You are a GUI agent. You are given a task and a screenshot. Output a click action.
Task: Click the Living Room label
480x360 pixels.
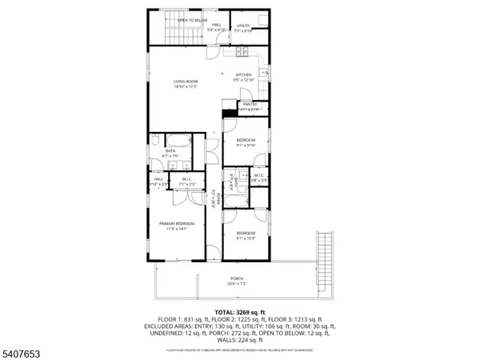(186, 82)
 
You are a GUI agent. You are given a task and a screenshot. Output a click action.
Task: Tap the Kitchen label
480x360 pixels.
(243, 75)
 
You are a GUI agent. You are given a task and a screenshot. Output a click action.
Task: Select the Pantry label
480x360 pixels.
(250, 105)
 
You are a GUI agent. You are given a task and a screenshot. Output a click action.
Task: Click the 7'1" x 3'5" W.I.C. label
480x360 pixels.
(186, 180)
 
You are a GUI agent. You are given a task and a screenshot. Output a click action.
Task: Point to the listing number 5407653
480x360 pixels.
(25, 350)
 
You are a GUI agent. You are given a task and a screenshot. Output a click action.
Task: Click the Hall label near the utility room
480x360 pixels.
(217, 26)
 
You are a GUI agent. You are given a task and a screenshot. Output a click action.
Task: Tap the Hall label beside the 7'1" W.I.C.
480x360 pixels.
(158, 180)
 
